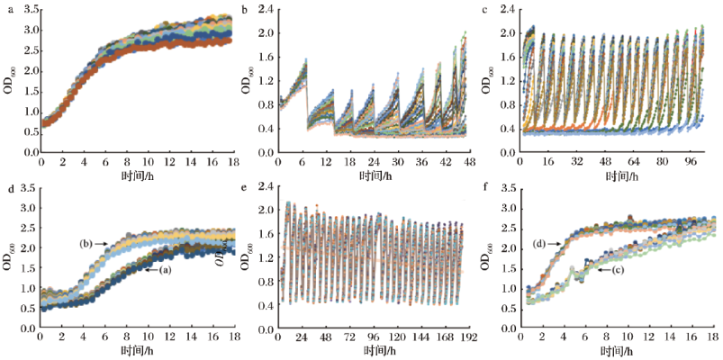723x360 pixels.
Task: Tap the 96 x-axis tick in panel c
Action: pyautogui.click(x=689, y=162)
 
